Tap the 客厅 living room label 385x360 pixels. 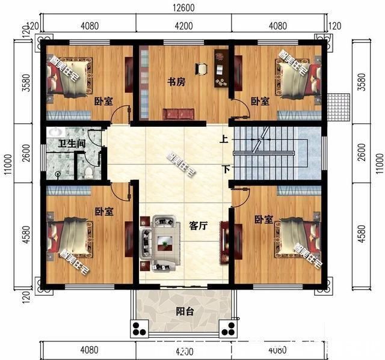click(x=198, y=226)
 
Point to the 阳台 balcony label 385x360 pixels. click(x=185, y=311)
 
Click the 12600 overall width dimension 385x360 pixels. click(x=184, y=8)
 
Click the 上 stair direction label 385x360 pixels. click(x=224, y=140)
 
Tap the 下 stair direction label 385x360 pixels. click(x=227, y=169)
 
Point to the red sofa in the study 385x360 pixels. click(x=179, y=114)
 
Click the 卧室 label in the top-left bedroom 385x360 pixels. click(x=103, y=102)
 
